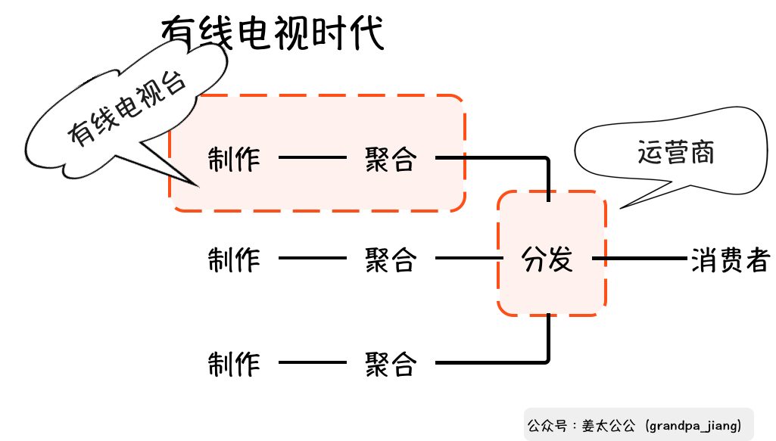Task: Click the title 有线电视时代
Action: (273, 33)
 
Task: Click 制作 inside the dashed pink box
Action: (234, 159)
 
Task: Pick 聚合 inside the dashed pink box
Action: (391, 159)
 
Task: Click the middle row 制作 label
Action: (234, 259)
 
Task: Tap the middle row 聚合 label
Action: (391, 259)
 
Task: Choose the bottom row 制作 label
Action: (234, 364)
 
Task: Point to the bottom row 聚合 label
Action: (391, 364)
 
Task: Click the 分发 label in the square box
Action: (548, 259)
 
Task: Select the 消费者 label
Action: (730, 259)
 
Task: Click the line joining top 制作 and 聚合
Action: (312, 158)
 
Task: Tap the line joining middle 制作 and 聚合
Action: (312, 259)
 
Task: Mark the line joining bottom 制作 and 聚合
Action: (312, 363)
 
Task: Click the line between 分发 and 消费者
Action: (640, 259)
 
